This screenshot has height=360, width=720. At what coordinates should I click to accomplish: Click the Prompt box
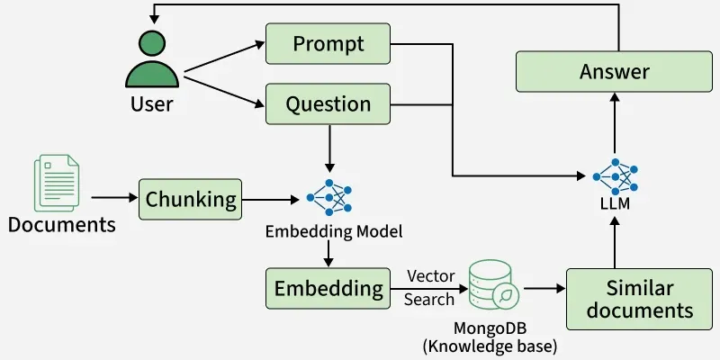[x=328, y=44]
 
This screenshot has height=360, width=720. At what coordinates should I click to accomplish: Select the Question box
[x=328, y=103]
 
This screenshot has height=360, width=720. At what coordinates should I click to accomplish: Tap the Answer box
[x=615, y=71]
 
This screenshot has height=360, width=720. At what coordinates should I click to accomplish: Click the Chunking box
[x=191, y=198]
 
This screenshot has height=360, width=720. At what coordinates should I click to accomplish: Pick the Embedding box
[x=328, y=289]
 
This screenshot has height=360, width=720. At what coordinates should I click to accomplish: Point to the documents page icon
[x=56, y=184]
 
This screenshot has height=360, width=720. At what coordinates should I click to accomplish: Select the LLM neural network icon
[x=615, y=175]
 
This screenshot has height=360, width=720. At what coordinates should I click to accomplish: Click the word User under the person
[x=151, y=104]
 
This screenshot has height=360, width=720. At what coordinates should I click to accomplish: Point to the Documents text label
[x=62, y=224]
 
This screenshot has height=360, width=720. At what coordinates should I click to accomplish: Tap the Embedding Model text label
[x=333, y=231]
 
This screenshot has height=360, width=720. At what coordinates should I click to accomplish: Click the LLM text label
[x=615, y=205]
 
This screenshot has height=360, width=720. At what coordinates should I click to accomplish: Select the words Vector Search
[x=429, y=287]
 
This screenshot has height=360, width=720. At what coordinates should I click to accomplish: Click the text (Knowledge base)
[x=490, y=346]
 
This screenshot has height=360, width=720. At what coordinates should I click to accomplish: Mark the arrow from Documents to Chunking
[x=112, y=197]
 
